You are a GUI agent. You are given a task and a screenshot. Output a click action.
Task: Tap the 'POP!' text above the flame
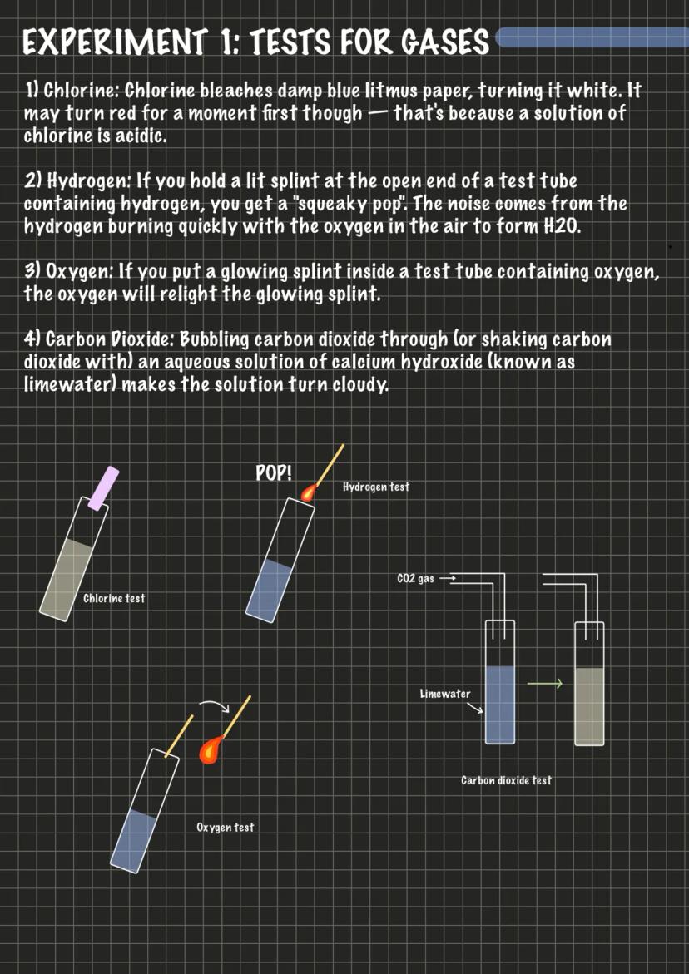coord(274,474)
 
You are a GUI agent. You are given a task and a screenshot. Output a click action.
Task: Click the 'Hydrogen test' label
coord(376,487)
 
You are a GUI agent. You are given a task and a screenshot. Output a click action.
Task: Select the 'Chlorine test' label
coord(114,598)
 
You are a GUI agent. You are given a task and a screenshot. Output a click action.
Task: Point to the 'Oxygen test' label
coord(225,827)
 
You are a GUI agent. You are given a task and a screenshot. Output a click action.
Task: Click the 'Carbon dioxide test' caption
coord(506,780)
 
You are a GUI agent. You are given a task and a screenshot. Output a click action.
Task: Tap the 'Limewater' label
coord(445,694)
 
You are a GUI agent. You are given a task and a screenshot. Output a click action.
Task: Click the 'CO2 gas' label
coord(415,578)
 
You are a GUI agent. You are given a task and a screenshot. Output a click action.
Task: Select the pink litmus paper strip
coord(104,488)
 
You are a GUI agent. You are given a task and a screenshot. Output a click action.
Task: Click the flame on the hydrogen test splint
coord(309,493)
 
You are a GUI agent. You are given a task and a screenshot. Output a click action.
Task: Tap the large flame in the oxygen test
coord(212,749)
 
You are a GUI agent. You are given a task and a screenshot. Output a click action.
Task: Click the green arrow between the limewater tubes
coord(546,684)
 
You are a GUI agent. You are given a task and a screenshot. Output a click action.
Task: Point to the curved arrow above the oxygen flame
coord(212,708)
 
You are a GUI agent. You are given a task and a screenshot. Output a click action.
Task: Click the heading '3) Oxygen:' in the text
coord(66,273)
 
